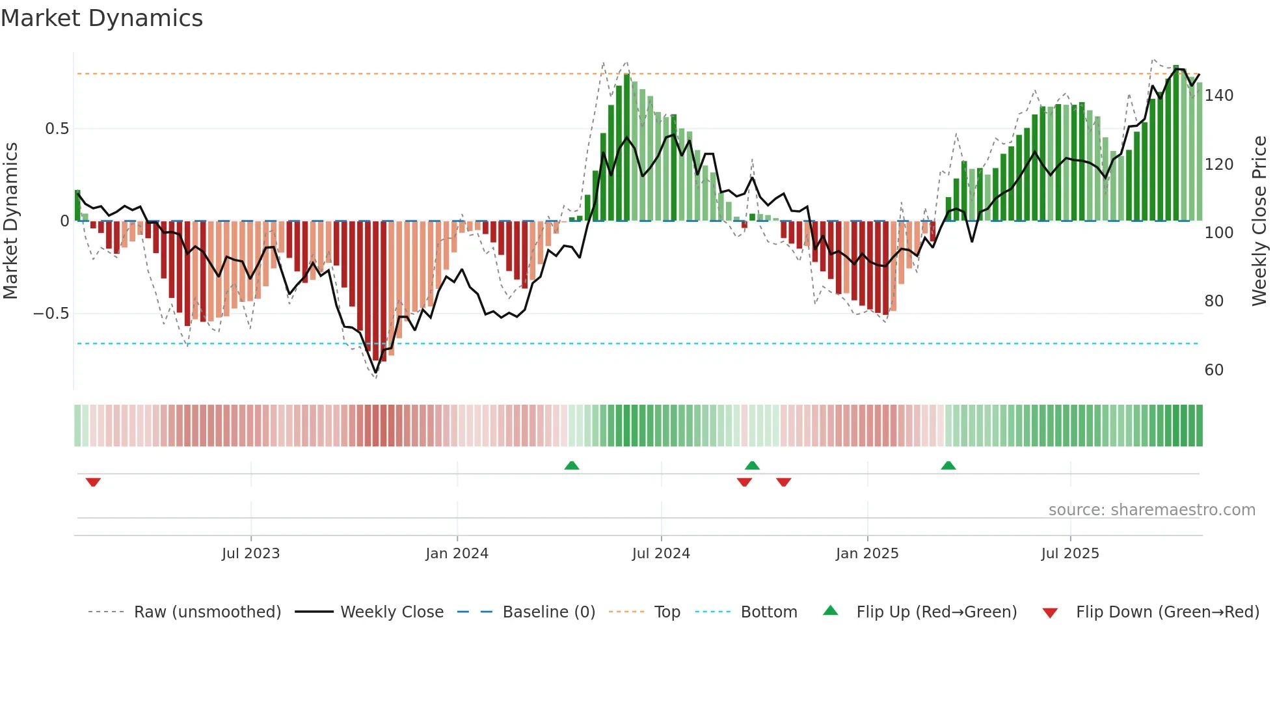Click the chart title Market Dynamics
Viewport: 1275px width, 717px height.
102,18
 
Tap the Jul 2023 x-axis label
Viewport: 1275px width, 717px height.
250,554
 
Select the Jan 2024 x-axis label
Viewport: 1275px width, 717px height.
457,554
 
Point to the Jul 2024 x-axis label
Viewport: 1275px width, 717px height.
661,554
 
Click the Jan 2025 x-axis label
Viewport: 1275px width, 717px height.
867,554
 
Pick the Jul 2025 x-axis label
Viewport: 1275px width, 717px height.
1070,554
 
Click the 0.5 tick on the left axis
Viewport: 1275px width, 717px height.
57,129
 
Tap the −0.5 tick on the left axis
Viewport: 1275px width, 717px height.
51,314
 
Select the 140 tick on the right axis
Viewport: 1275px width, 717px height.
1219,96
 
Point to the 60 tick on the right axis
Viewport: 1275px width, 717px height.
1214,370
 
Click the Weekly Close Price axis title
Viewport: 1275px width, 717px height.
1259,221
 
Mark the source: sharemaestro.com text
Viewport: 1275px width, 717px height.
1151,510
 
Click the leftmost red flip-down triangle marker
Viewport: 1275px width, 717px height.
93,482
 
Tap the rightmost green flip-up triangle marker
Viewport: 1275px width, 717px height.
948,465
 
